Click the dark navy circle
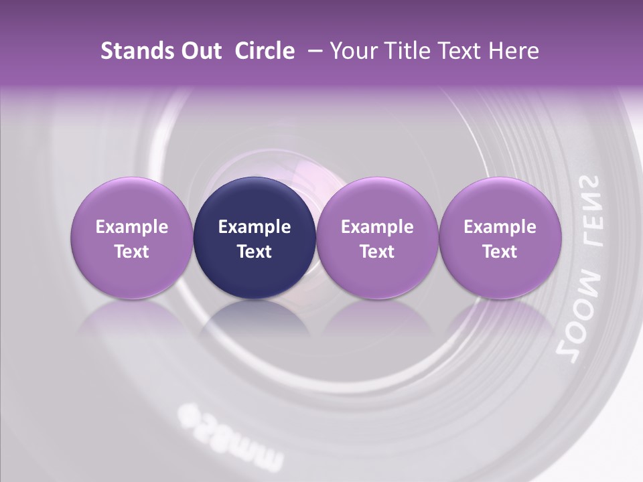point(255,238)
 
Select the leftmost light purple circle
point(132,238)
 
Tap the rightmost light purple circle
point(500,238)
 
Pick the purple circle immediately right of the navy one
point(377,238)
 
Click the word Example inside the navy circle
point(255,227)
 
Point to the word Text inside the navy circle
point(255,252)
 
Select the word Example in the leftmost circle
point(132,227)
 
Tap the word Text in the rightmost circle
point(500,252)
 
